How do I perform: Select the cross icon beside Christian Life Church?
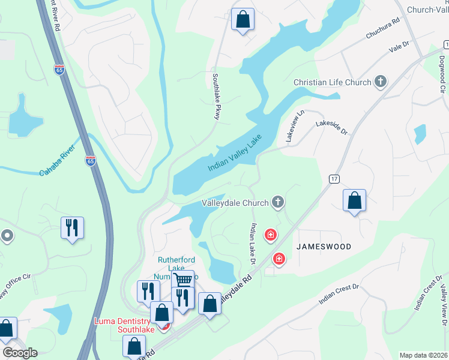(x=379, y=82)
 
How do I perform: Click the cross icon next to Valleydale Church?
(x=277, y=202)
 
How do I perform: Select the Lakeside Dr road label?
(x=332, y=127)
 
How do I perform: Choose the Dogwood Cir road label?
(x=442, y=76)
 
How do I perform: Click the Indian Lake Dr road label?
(x=253, y=244)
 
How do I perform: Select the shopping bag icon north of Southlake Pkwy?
(x=243, y=19)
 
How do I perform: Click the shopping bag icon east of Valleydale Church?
(x=355, y=200)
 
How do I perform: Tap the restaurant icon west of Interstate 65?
(x=72, y=227)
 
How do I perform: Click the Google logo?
(x=20, y=353)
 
